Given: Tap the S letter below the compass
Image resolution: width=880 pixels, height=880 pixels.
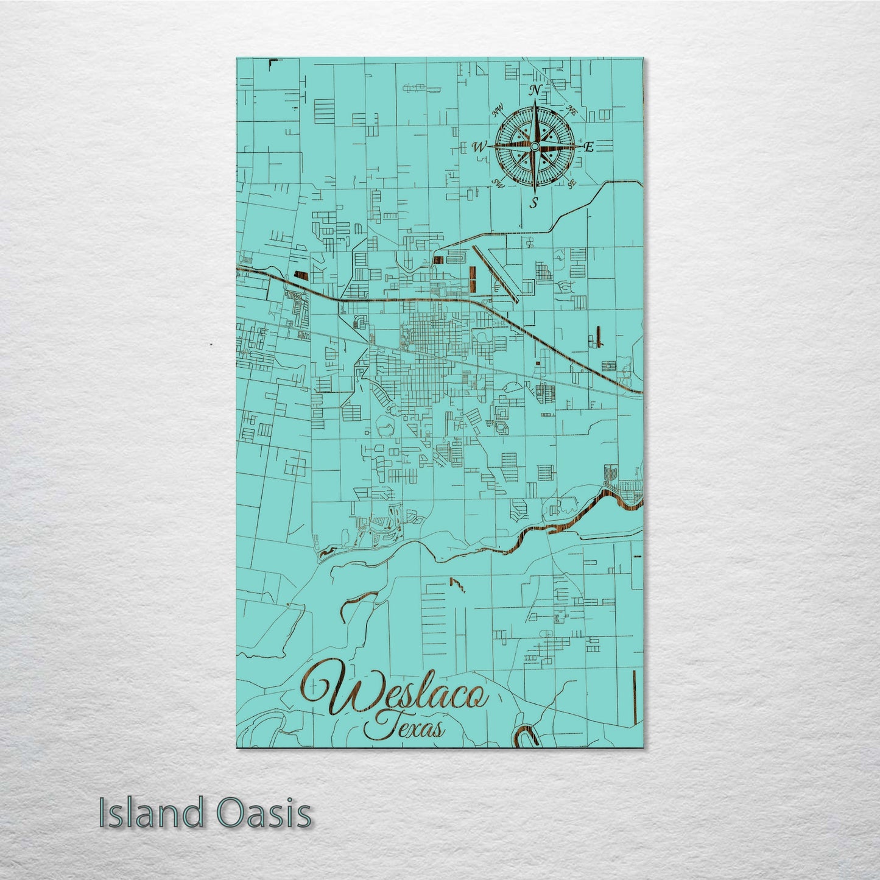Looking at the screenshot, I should [x=534, y=203].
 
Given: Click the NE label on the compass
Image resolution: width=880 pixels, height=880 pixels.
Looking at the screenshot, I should [x=571, y=110].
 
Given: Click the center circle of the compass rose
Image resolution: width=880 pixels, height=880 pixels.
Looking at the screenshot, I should [x=534, y=146].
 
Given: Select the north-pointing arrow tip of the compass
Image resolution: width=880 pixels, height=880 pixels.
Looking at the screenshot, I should [x=534, y=101].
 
